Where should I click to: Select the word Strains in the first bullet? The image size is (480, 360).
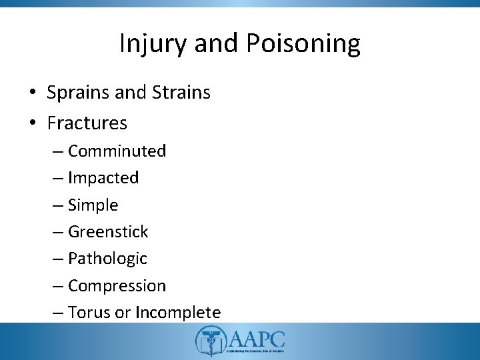coord(181,93)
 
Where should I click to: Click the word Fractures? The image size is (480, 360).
coord(87,123)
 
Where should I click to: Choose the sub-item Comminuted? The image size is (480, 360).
coord(117,151)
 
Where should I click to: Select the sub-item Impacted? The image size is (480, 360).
coord(103,178)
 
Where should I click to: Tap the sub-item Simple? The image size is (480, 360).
coord(93,205)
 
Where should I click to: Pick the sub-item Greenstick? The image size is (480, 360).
coord(108,232)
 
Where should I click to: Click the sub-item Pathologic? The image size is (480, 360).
coord(107,259)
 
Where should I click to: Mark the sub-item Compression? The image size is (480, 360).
coord(117,286)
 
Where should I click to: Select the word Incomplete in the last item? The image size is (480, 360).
coord(178,312)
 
